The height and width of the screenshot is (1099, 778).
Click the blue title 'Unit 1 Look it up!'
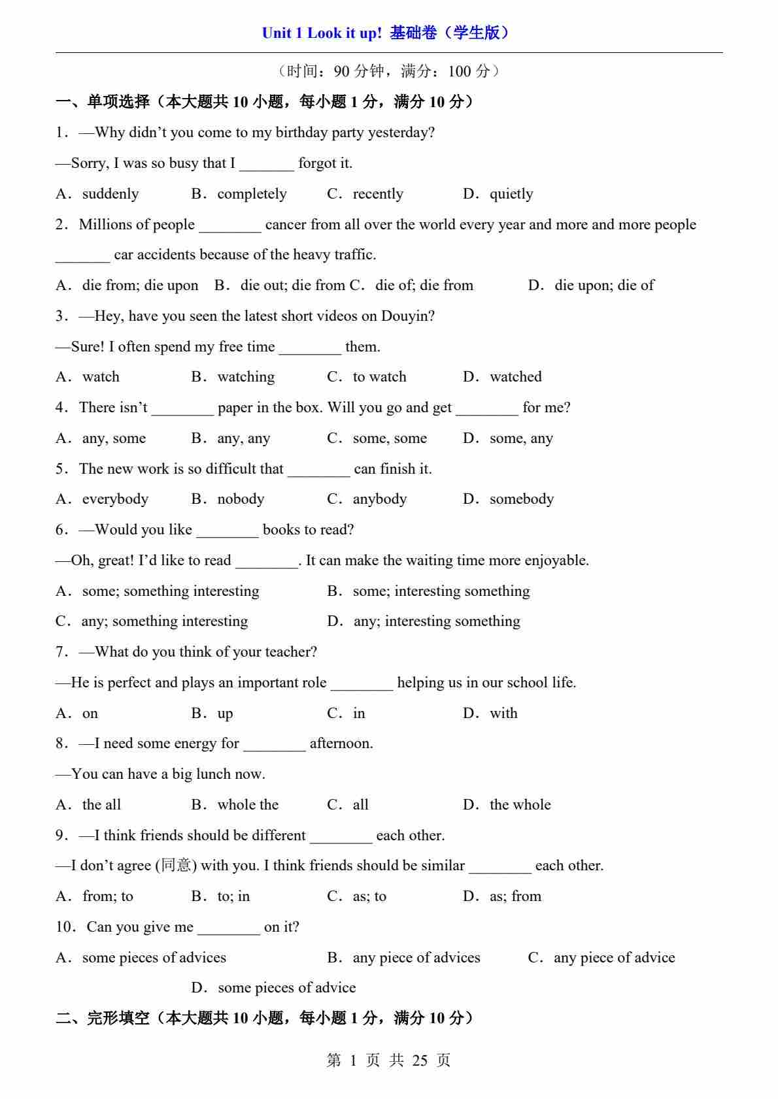click(321, 33)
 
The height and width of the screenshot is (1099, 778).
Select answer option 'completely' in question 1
click(252, 194)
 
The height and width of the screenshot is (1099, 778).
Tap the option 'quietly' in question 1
click(511, 194)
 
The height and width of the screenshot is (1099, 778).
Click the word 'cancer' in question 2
click(286, 225)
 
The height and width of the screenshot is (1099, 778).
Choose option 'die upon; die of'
click(604, 286)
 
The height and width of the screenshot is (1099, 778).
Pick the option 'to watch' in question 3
click(379, 377)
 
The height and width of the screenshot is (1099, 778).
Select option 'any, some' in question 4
click(114, 438)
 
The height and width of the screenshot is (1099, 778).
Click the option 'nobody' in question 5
click(241, 499)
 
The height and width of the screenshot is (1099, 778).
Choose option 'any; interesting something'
click(437, 621)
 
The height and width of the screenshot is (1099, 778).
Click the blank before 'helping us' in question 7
click(362, 683)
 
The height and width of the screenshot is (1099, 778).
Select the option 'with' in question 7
click(503, 714)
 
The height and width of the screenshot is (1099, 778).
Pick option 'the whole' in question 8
click(520, 805)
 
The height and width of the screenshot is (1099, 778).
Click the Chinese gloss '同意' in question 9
click(176, 866)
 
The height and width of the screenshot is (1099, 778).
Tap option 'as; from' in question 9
click(515, 896)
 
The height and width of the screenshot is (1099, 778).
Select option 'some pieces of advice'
click(286, 988)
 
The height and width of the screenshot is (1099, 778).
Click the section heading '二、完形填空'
click(103, 1018)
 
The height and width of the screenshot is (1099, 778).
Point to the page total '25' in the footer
click(420, 1060)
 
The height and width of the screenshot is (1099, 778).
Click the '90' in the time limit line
click(341, 71)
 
